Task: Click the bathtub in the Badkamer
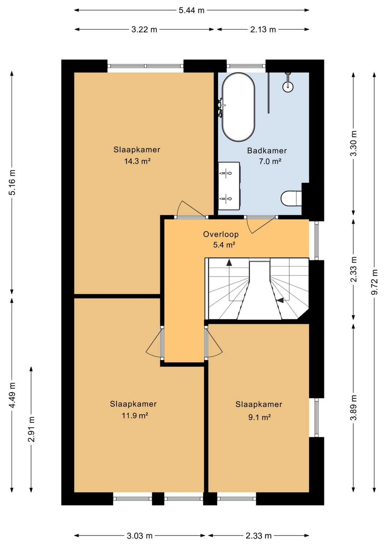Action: [238, 107]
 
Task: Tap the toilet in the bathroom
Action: [291, 199]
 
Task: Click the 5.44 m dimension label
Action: [192, 10]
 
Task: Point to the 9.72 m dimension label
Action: [374, 282]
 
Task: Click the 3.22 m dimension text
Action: [144, 29]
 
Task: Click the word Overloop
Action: [221, 234]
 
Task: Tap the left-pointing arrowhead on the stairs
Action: [281, 301]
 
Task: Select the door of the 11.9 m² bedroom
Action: [154, 343]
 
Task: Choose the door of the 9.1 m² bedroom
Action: [214, 343]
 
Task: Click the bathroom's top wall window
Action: [246, 65]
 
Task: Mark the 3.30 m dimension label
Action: [353, 143]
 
